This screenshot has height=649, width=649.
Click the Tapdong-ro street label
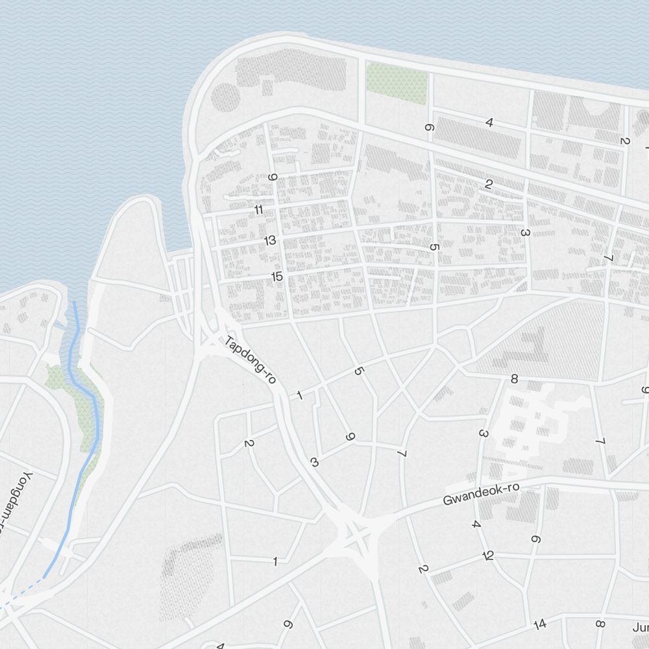[251, 361]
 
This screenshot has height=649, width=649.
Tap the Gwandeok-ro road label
[482, 494]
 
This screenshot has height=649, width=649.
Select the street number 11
[259, 210]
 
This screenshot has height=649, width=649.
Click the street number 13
[270, 240]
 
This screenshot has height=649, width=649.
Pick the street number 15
[277, 276]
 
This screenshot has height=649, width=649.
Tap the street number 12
[489, 556]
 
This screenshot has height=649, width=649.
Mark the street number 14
[540, 624]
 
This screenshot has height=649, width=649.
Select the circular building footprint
[226, 97]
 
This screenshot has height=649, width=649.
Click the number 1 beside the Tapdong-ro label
[299, 395]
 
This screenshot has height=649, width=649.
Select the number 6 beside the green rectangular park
[428, 128]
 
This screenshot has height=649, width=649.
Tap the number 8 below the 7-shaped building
[514, 379]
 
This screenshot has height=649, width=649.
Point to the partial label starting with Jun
[641, 628]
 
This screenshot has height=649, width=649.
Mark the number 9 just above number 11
[273, 177]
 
